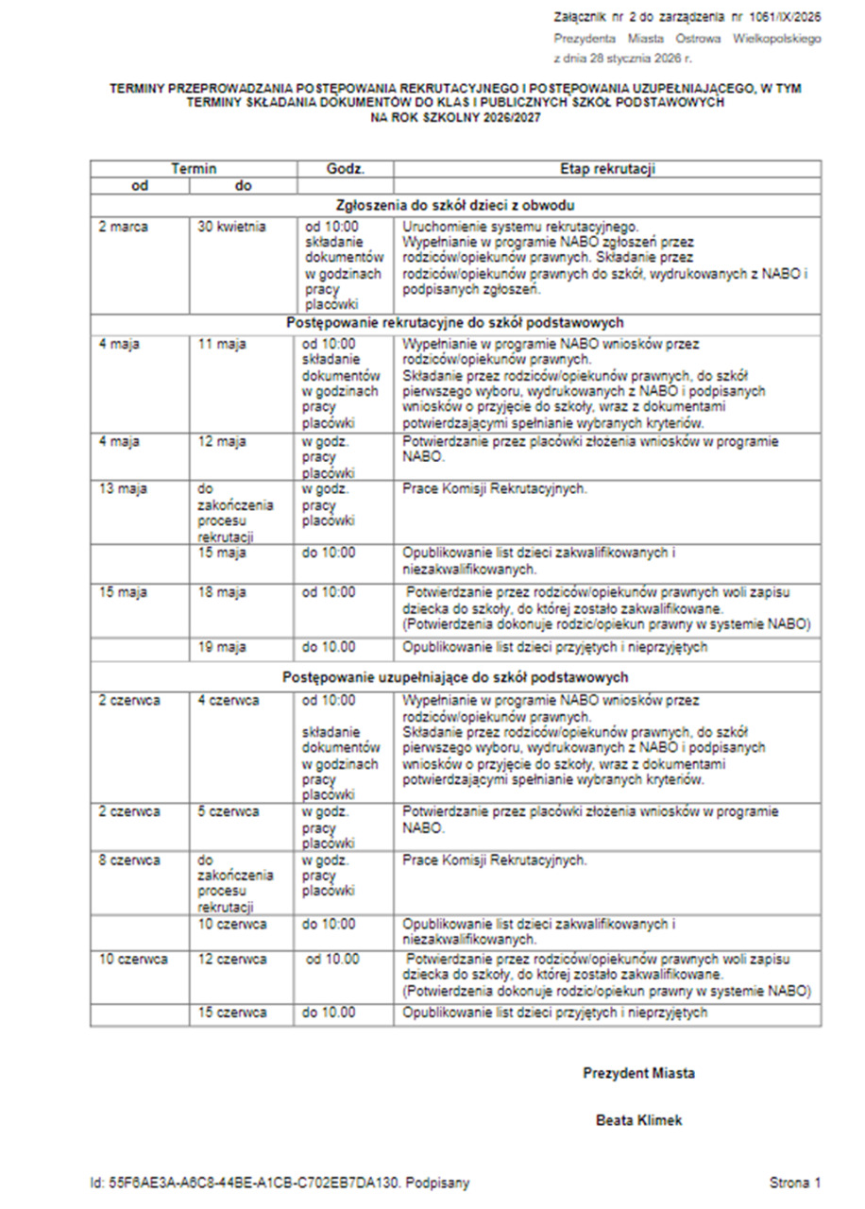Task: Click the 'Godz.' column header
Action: tap(346, 169)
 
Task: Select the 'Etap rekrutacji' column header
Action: tap(607, 169)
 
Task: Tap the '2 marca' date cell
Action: tap(123, 227)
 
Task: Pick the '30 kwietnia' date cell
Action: tap(232, 227)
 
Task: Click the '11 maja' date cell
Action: tap(222, 344)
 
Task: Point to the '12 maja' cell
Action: tap(222, 442)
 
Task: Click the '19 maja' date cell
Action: tap(222, 647)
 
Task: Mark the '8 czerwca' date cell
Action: tap(129, 860)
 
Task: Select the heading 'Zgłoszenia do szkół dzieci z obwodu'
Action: tap(456, 204)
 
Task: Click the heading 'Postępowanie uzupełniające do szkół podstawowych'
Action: tap(456, 677)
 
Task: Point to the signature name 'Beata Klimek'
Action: tap(638, 1120)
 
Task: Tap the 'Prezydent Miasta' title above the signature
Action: tap(638, 1073)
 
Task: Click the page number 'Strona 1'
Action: tap(795, 1182)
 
